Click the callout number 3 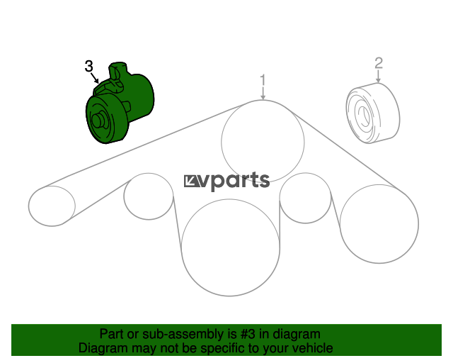coord(89,66)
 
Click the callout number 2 coord(379,63)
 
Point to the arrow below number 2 coord(379,77)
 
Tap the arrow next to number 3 coord(95,78)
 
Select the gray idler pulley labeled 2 coord(373,113)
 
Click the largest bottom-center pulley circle coord(230,247)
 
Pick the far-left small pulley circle coord(52,206)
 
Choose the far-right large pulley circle coord(379,224)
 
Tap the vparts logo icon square coord(191,181)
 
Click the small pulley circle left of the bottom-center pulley coord(149,196)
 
